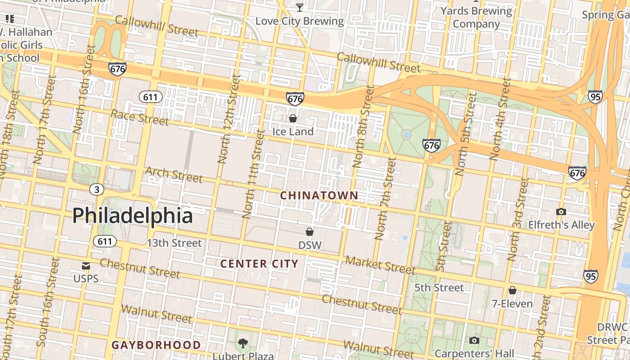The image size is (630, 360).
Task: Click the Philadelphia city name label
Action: [133, 216]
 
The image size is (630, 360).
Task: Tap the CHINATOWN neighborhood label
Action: [319, 196]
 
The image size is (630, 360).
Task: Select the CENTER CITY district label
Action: [259, 264]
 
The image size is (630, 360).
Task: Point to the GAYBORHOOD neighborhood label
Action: [156, 345]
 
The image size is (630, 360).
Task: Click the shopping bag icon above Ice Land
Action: [293, 118]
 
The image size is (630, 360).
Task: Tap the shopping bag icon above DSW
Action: [310, 232]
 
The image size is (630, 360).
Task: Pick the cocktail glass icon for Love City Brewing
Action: [299, 7]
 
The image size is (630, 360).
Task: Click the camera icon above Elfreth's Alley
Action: [561, 211]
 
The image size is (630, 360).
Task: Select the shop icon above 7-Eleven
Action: [512, 290]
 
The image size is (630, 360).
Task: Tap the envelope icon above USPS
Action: [86, 265]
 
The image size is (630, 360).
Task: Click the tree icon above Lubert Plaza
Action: [243, 343]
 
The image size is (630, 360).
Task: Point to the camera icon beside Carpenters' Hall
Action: [474, 341]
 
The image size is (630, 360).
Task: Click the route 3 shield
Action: [96, 189]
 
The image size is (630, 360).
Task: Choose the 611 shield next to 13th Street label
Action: [105, 241]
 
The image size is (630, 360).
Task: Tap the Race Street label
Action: [139, 117]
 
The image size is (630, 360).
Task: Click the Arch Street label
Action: [174, 175]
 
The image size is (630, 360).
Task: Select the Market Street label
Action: [380, 265]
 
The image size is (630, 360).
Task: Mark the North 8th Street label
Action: [364, 127]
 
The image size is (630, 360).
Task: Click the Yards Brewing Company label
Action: [476, 17]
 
